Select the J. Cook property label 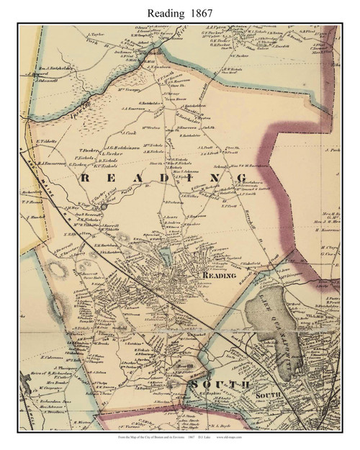click(129, 133)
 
